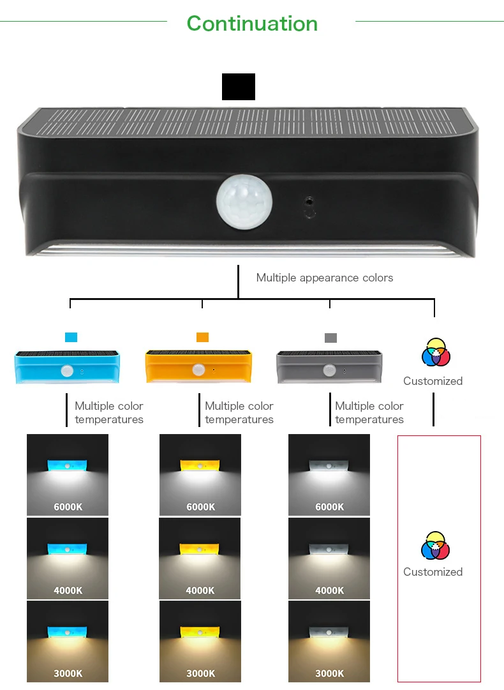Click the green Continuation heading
click(252, 24)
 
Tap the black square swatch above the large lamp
click(239, 87)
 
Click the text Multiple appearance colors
click(324, 278)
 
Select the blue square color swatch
click(71, 337)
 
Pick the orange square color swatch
click(202, 337)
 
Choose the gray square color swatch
click(330, 338)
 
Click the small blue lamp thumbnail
click(66, 367)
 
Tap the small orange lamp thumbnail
click(198, 367)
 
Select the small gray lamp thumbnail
click(329, 367)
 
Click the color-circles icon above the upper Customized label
click(436, 352)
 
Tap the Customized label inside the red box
click(433, 572)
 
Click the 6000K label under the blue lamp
click(68, 507)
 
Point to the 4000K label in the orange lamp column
click(200, 590)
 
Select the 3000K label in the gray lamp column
click(329, 673)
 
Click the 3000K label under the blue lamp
click(68, 673)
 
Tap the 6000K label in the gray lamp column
click(329, 507)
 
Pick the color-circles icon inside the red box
click(436, 546)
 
